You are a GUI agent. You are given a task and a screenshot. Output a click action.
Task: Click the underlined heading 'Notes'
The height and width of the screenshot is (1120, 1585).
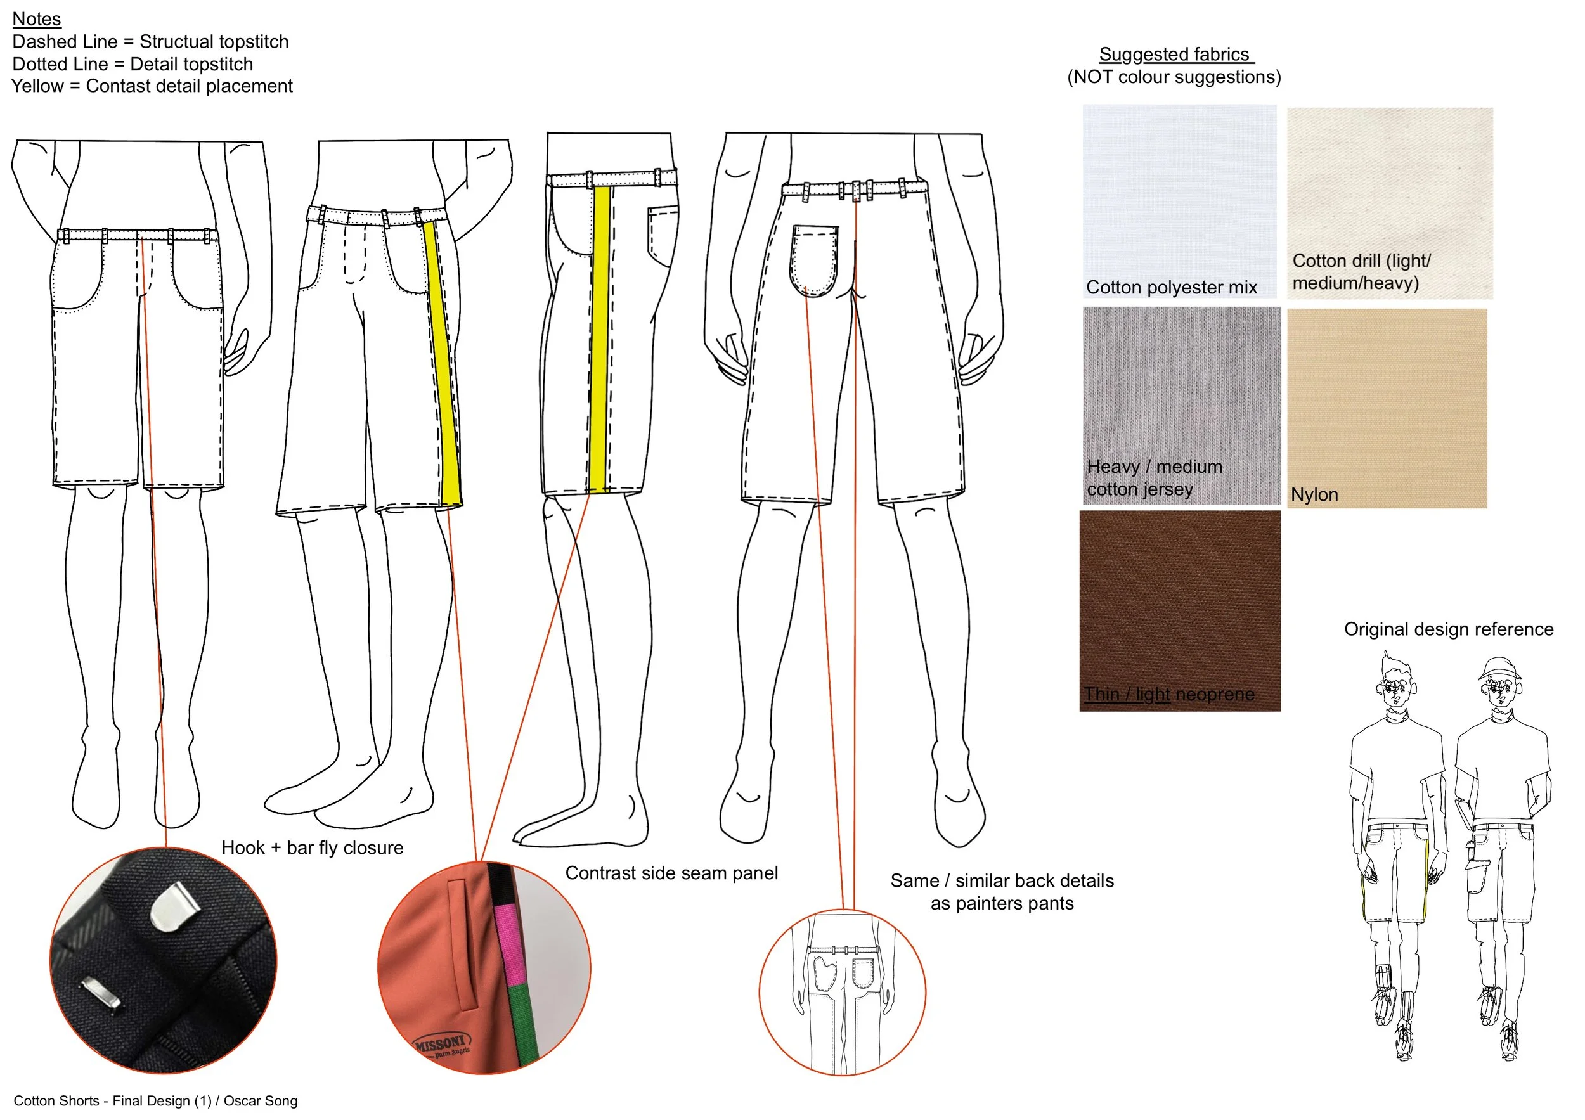[37, 19]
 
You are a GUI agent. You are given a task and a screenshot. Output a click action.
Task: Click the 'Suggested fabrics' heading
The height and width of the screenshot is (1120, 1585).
[1174, 54]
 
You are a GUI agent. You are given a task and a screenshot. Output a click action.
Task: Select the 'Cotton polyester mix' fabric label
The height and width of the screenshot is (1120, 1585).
[1171, 287]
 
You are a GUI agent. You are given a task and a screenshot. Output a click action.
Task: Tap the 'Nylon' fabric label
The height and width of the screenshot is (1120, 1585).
[1314, 495]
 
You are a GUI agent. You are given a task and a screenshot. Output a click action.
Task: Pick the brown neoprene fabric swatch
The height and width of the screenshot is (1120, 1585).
[1179, 600]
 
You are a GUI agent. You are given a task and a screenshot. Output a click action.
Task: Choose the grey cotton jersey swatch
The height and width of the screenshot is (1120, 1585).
[1181, 387]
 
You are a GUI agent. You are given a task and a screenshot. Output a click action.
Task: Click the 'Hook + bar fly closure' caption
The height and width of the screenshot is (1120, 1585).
[312, 847]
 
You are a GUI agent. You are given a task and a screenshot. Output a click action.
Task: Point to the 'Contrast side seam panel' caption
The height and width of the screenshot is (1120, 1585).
[671, 873]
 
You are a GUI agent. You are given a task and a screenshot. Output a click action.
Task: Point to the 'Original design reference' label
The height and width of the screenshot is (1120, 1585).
[1448, 629]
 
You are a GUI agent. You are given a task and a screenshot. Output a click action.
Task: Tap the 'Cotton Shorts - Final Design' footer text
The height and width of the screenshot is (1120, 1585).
[155, 1101]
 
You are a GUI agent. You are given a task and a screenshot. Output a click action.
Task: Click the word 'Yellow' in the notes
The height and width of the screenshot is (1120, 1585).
[37, 86]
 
